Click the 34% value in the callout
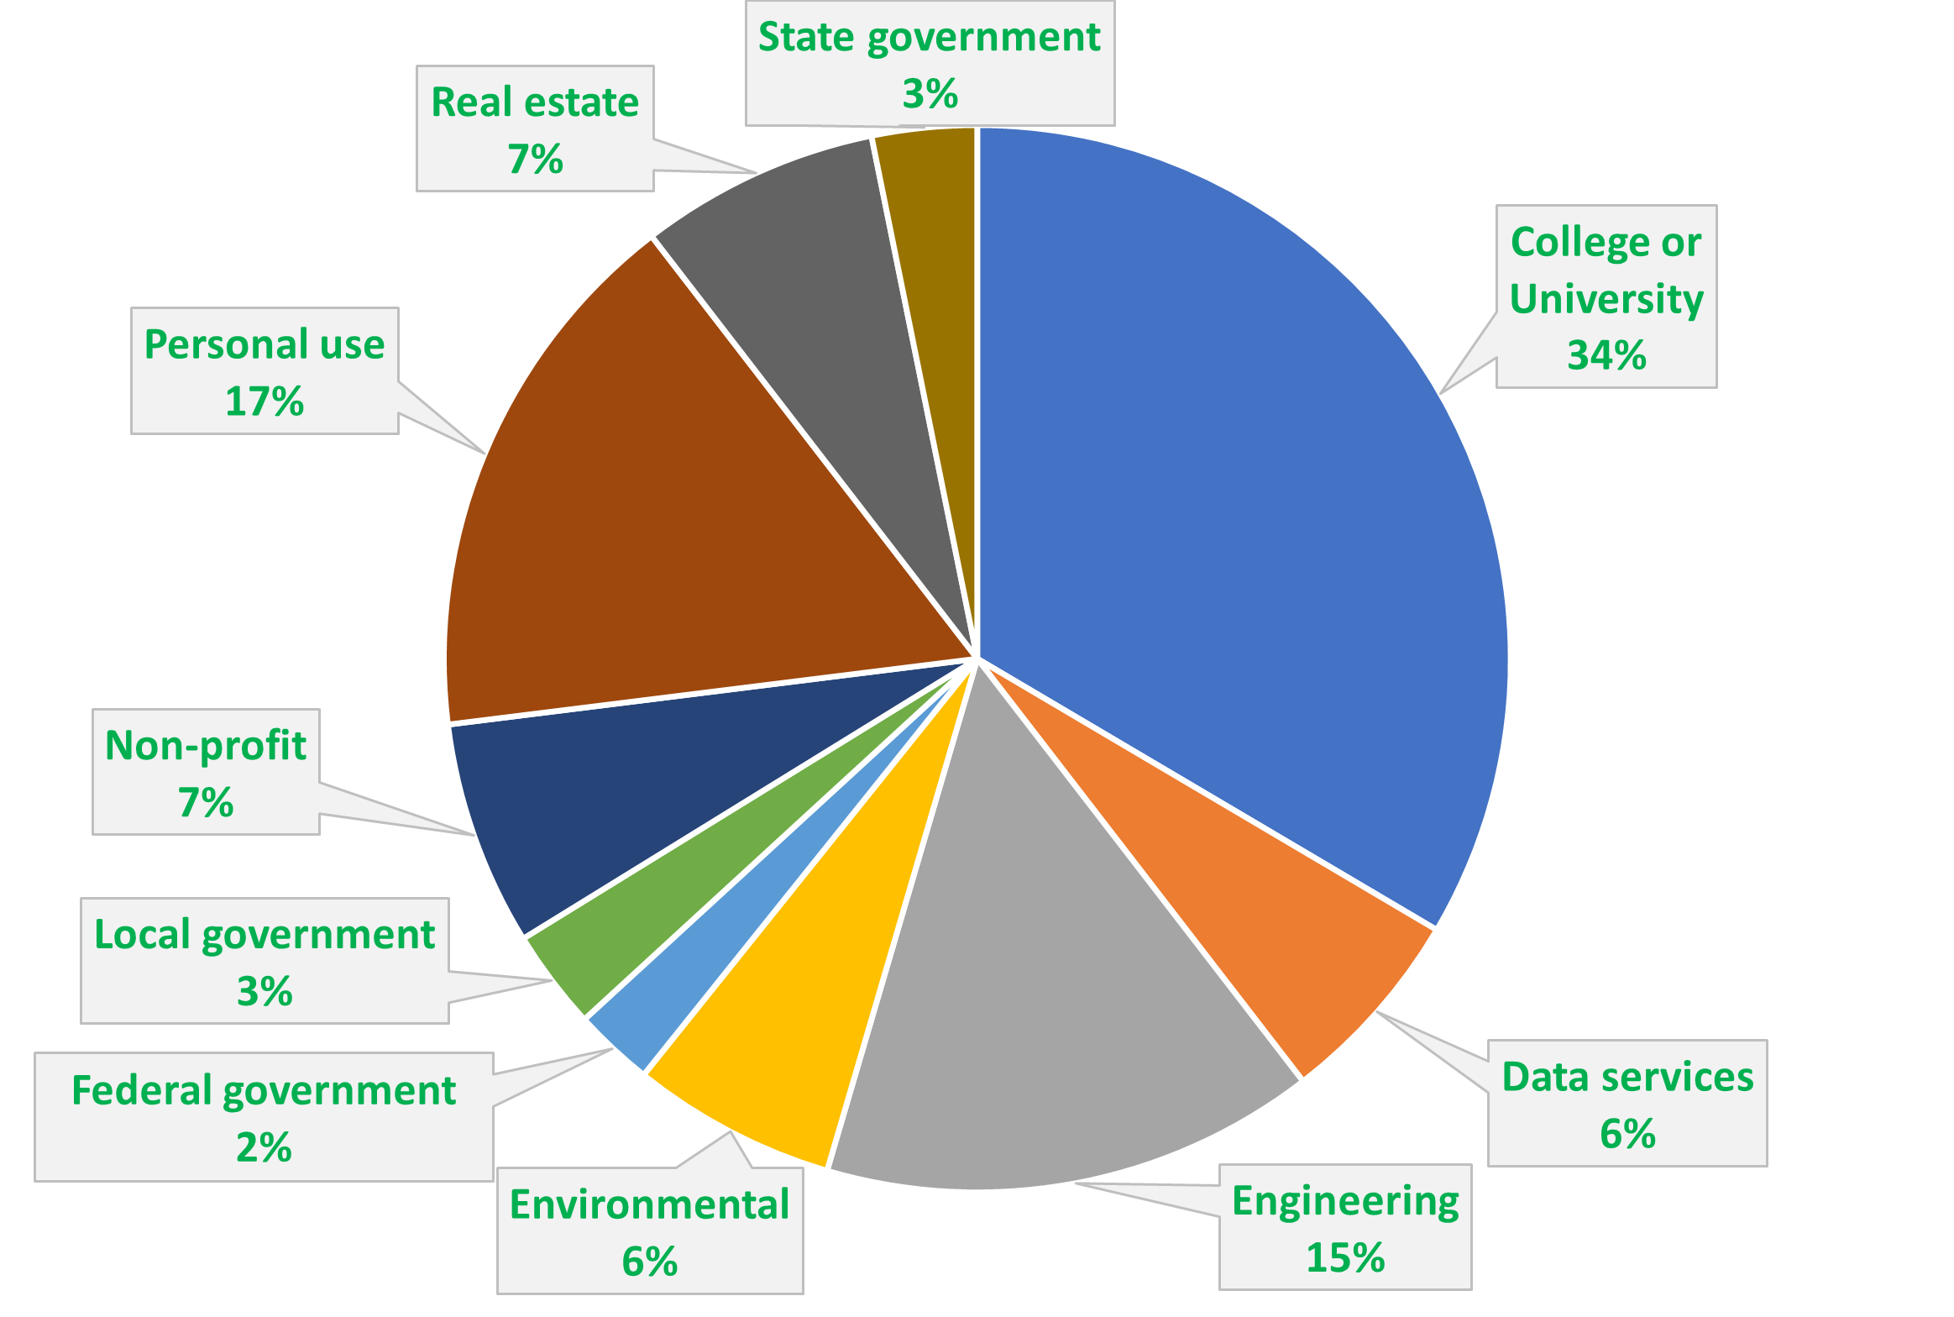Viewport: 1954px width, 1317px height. point(1606,355)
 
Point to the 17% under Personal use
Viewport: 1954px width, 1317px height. point(265,401)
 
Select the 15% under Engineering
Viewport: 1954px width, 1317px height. point(1345,1257)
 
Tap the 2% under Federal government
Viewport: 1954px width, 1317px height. point(264,1147)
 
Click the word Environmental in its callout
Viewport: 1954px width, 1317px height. point(649,1204)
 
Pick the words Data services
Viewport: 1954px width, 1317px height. point(1627,1077)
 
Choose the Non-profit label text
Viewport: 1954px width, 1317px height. point(206,746)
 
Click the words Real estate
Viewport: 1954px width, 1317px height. point(535,102)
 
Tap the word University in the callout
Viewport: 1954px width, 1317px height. point(1606,299)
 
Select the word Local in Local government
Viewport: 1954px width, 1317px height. point(142,935)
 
